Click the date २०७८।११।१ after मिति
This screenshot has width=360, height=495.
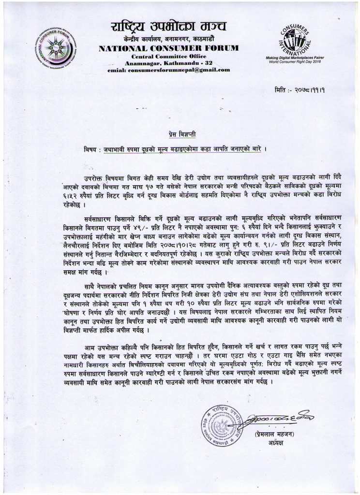point(316,91)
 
